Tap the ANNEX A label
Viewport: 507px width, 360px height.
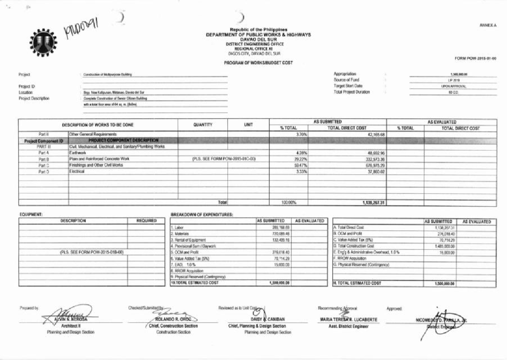[x=488, y=25]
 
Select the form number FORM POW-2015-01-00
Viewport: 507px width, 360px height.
[x=475, y=58]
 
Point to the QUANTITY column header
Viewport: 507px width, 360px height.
[x=202, y=125]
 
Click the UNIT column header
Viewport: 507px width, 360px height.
[x=248, y=125]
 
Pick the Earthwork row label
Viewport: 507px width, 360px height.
[x=78, y=153]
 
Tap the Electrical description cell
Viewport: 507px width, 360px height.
[x=77, y=172]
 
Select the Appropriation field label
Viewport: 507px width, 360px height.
[x=345, y=74]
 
